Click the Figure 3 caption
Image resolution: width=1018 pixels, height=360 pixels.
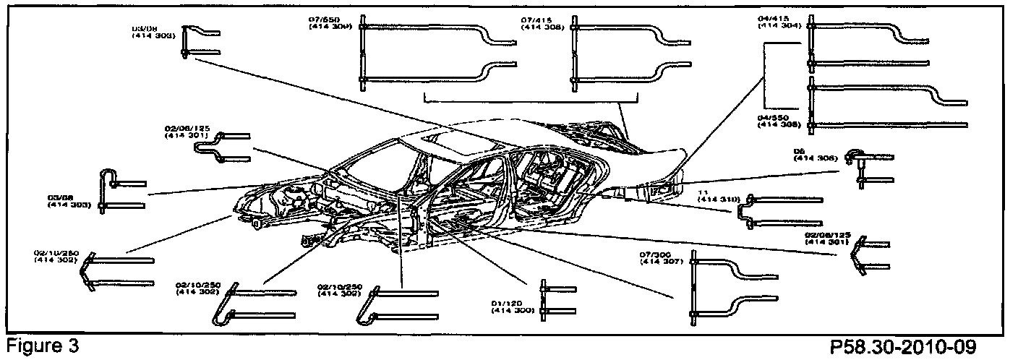[x=40, y=346]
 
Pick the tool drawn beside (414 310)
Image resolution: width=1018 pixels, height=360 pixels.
[x=781, y=210]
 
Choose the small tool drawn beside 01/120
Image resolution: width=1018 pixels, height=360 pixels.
[x=560, y=299]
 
